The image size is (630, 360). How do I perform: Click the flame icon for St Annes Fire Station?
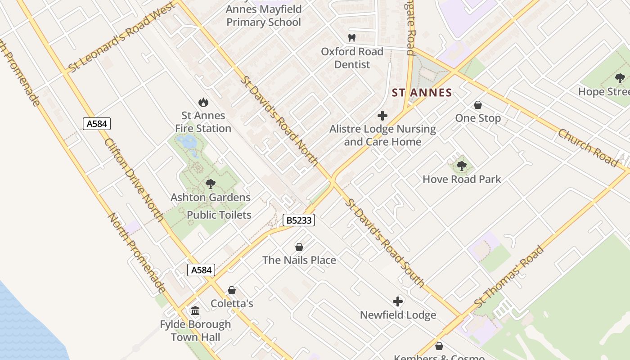tap(203, 103)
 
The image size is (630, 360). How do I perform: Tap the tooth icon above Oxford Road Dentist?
tap(352, 38)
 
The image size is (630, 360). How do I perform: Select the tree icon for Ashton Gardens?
tap(210, 184)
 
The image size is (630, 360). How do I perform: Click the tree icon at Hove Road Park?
tap(461, 166)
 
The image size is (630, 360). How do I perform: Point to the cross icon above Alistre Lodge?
tap(382, 116)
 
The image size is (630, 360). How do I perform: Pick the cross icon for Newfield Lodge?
tap(398, 301)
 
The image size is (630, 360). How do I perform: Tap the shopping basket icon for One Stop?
tap(478, 105)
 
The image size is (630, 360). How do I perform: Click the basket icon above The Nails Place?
tap(299, 247)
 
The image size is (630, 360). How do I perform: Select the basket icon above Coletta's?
tap(232, 290)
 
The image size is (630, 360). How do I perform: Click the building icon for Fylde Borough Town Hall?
tap(195, 311)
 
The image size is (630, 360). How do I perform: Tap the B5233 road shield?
tap(299, 220)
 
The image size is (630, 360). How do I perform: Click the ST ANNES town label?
tap(422, 93)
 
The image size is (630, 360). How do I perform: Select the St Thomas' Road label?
tap(509, 276)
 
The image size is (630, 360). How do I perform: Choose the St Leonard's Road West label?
tap(121, 37)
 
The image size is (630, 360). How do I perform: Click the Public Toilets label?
tap(219, 215)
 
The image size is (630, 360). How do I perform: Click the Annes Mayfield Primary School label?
tap(264, 16)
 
